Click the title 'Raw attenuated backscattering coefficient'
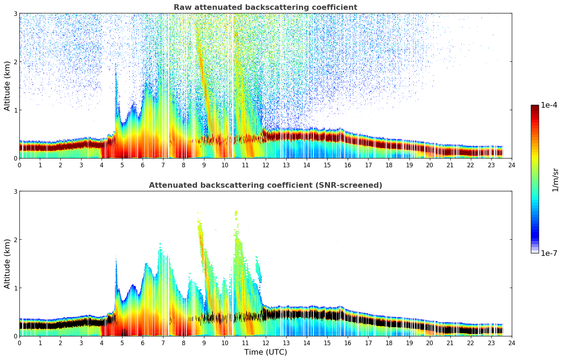265,7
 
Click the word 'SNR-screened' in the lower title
354,185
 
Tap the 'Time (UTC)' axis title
265,352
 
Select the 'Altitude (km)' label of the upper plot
7,86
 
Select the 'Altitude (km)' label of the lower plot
7,264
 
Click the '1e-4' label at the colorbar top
549,105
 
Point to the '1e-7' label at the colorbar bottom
549,253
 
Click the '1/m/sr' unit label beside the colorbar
555,180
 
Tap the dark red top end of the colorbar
534,107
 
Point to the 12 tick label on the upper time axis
265,165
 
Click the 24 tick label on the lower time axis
511,343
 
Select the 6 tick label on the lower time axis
143,343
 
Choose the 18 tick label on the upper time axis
389,165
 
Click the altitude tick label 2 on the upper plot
16,62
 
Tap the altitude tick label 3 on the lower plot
16,191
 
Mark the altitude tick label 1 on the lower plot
16,288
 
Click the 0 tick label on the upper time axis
19,165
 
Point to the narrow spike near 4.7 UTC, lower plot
116,275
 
